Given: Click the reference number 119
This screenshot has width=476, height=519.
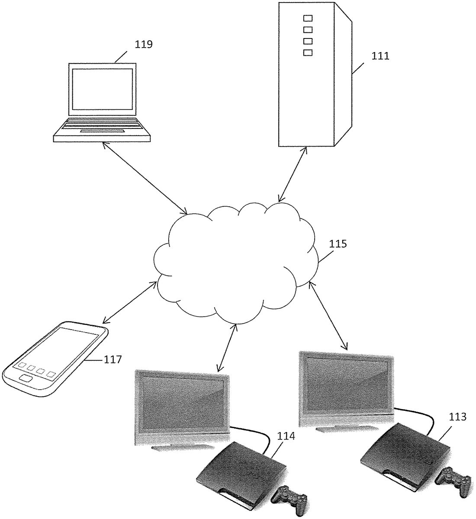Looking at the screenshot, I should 144,44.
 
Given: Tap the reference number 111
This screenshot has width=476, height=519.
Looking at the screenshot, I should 380,56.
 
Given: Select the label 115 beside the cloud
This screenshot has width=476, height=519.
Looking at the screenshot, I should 338,243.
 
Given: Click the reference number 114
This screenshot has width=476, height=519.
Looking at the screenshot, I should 286,437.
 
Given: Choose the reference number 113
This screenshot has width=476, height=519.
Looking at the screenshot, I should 458,417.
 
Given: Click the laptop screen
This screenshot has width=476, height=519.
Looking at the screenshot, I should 102,89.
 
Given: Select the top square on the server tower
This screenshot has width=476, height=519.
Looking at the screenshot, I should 308,19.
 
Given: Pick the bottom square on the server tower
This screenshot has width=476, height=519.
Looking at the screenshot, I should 308,52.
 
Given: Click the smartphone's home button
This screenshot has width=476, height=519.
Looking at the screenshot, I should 26,379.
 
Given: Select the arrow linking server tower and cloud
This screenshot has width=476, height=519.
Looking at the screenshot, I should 293,174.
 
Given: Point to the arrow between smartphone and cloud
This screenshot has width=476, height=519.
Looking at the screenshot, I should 129,302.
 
